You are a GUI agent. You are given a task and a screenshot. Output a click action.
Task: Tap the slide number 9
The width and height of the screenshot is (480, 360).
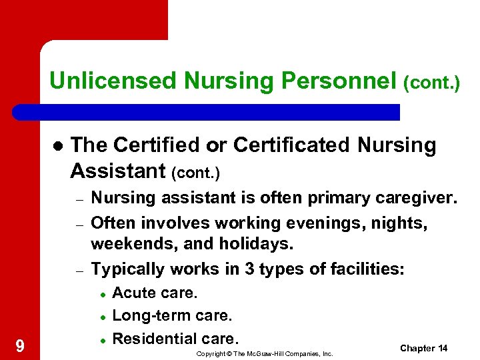[x=20, y=345]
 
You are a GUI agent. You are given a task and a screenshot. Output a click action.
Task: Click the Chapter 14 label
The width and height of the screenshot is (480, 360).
[x=423, y=349]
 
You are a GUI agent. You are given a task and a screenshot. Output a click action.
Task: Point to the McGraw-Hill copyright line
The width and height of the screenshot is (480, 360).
[x=264, y=353]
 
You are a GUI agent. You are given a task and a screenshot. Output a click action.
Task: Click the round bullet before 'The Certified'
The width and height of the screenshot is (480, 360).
[x=58, y=146]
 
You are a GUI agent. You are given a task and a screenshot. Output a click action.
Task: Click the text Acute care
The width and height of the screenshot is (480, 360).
[x=155, y=293]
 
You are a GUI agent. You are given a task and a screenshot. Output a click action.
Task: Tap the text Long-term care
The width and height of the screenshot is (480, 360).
[x=173, y=315]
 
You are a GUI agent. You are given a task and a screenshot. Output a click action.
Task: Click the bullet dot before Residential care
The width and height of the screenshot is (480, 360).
[x=103, y=340]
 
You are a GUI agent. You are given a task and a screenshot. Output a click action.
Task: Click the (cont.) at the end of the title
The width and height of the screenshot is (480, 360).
[x=432, y=83]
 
